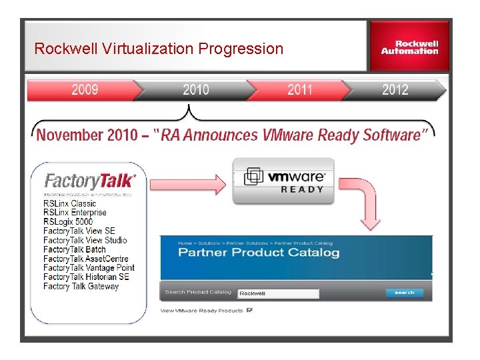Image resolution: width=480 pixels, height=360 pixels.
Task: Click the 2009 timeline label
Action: [x=85, y=90]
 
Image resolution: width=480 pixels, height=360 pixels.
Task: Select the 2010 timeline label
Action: [x=196, y=90]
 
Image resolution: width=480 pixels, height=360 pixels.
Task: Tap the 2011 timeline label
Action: [x=300, y=90]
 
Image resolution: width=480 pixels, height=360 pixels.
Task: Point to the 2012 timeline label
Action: [x=395, y=90]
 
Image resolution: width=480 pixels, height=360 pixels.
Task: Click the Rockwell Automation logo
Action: [x=409, y=47]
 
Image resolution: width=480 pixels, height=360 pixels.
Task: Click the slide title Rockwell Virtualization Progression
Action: [x=159, y=49]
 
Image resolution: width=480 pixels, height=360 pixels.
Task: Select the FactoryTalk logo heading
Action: [x=89, y=181]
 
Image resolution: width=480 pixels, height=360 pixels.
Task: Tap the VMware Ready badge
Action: [x=284, y=181]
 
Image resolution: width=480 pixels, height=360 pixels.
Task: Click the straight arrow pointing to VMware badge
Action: [x=188, y=182]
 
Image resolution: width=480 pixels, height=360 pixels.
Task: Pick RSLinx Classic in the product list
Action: [x=69, y=203]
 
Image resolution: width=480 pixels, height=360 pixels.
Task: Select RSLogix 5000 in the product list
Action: [x=68, y=222]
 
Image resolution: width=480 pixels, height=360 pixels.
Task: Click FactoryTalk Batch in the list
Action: [x=75, y=249]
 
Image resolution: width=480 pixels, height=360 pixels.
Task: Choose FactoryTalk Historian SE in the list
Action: [x=86, y=277]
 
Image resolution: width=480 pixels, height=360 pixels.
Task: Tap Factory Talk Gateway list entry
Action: [x=81, y=287]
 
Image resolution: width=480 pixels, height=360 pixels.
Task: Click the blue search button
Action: [x=404, y=293]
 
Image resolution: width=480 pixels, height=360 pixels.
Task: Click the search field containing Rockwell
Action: [x=278, y=293]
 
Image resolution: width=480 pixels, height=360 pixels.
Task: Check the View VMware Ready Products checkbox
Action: [x=250, y=310]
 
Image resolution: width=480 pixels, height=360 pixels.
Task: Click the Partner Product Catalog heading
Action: [x=259, y=253]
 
